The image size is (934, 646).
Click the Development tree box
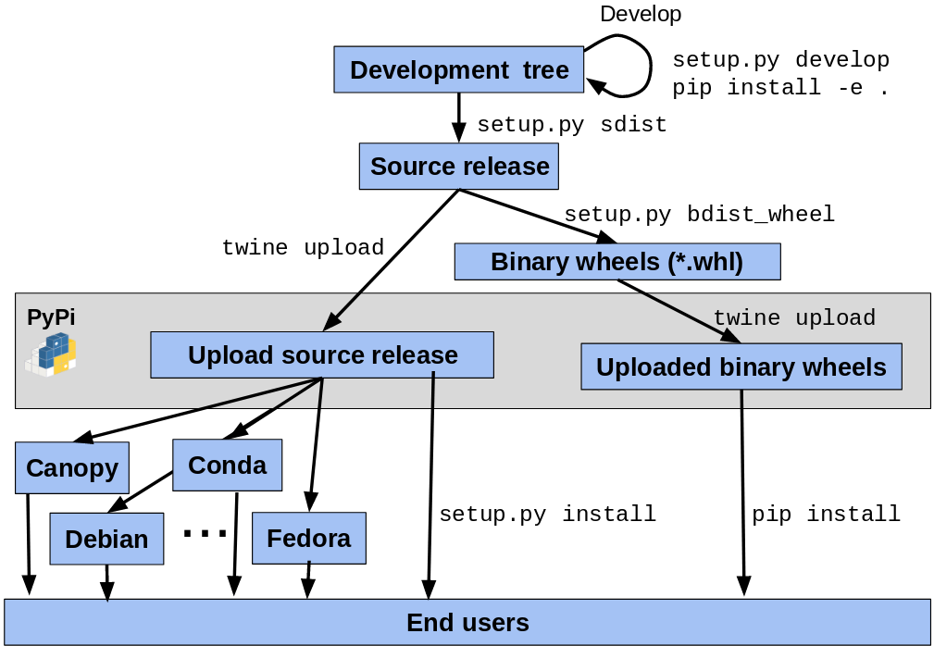pyautogui.click(x=458, y=70)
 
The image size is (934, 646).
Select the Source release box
pyautogui.click(x=459, y=167)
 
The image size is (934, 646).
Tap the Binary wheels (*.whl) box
pyautogui.click(x=616, y=262)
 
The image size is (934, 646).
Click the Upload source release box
pyautogui.click(x=322, y=355)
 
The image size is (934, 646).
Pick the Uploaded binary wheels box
pyautogui.click(x=741, y=367)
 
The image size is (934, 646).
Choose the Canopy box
pyautogui.click(x=72, y=467)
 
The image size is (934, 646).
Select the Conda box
pyautogui.click(x=227, y=465)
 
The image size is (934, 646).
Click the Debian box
pyautogui.click(x=106, y=539)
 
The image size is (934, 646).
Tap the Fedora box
pyautogui.click(x=308, y=538)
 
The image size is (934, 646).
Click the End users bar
pyautogui.click(x=467, y=622)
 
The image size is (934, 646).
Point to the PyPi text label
pyautogui.click(x=51, y=317)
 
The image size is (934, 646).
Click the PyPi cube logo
pyautogui.click(x=51, y=354)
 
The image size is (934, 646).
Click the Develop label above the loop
pyautogui.click(x=640, y=14)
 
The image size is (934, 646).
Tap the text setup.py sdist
pyautogui.click(x=571, y=125)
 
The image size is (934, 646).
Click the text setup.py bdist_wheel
pyautogui.click(x=699, y=215)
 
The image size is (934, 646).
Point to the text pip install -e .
pyautogui.click(x=779, y=88)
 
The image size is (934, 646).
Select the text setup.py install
pyautogui.click(x=547, y=514)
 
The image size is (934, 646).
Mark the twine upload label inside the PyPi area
pyautogui.click(x=793, y=318)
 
